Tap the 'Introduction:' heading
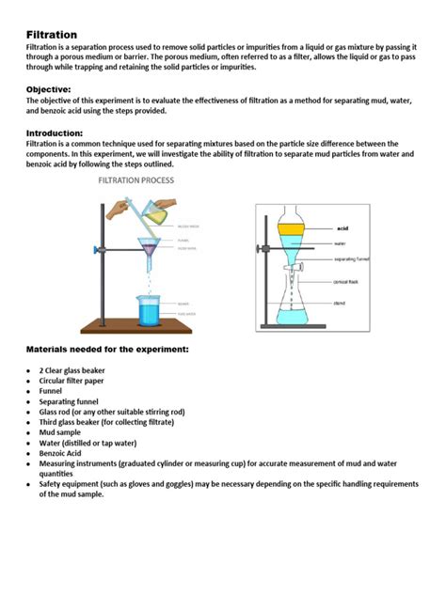(x=60, y=133)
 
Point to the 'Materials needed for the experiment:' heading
(x=107, y=349)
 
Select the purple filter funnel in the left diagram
(x=149, y=248)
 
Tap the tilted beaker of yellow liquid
(x=156, y=213)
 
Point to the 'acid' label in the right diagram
(x=342, y=228)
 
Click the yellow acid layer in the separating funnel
(x=292, y=229)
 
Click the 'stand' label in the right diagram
(x=340, y=303)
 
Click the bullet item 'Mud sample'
(x=63, y=431)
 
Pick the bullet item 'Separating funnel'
(x=73, y=400)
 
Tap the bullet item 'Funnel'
(x=53, y=390)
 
